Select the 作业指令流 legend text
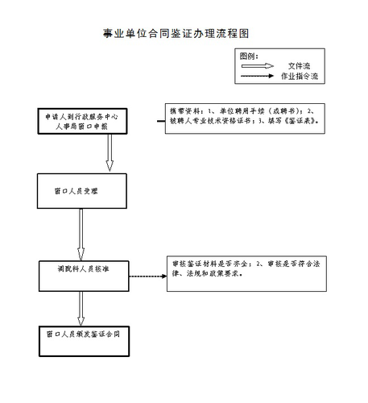pos(300,76)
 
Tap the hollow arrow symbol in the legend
pos(258,65)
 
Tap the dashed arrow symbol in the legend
pos(258,76)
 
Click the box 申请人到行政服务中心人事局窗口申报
pos(77,121)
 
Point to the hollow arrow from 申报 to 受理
pos(78,155)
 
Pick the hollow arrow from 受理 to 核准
pos(79,235)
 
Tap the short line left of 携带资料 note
pos(159,122)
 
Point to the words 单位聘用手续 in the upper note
pos(239,110)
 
